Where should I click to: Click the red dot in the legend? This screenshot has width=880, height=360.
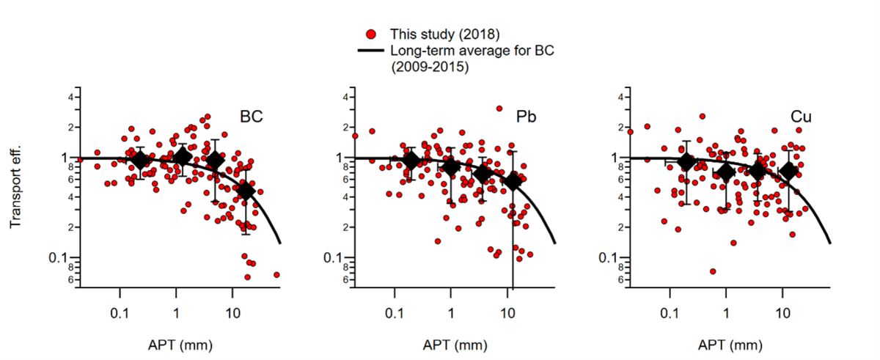[371, 34]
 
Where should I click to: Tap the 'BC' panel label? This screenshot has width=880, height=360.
[252, 117]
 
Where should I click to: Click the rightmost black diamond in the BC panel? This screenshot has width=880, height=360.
[246, 191]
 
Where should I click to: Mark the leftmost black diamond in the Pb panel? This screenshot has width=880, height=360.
[411, 161]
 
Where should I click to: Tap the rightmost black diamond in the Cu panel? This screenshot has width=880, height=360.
[789, 170]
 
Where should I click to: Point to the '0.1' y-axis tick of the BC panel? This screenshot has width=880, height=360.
[65, 257]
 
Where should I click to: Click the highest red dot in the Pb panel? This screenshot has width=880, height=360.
[499, 109]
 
